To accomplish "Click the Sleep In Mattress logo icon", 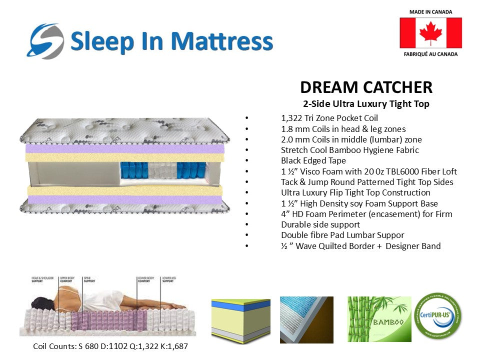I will tap(46, 40).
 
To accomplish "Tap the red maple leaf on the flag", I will tap(430, 33).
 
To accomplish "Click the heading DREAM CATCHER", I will tap(366, 87).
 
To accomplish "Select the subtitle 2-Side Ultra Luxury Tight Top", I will tap(366, 104).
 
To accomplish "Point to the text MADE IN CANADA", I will tap(430, 11).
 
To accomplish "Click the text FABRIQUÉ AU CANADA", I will tap(430, 54).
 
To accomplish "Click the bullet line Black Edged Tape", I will tap(313, 160).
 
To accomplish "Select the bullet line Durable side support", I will tap(320, 224).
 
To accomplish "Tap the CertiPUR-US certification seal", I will tap(438, 316).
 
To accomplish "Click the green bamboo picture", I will tap(379, 319).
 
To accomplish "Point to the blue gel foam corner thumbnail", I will tap(306, 319).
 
